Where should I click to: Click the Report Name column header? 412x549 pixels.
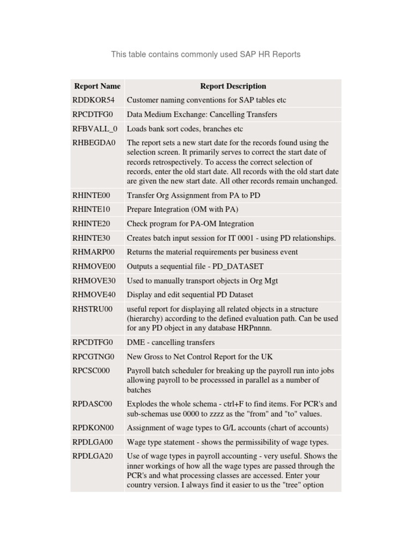click(x=97, y=86)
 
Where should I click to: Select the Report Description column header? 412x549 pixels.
click(x=233, y=86)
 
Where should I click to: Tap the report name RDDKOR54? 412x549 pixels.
click(x=93, y=100)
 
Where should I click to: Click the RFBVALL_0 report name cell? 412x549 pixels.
click(x=94, y=129)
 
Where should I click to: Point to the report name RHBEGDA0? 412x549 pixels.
click(x=94, y=143)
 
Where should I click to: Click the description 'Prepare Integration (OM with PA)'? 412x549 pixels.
click(x=182, y=209)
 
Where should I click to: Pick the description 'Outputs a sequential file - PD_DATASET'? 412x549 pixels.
click(x=195, y=266)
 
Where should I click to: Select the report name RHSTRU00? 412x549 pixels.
click(x=93, y=309)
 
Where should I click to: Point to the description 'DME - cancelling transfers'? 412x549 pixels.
click(x=171, y=342)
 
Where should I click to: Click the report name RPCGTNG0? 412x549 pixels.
click(x=93, y=357)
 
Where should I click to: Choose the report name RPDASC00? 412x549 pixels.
click(x=92, y=404)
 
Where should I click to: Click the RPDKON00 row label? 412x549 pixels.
click(x=93, y=428)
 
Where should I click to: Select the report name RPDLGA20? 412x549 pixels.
click(x=92, y=456)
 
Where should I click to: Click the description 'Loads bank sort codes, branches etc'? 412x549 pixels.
click(x=185, y=129)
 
